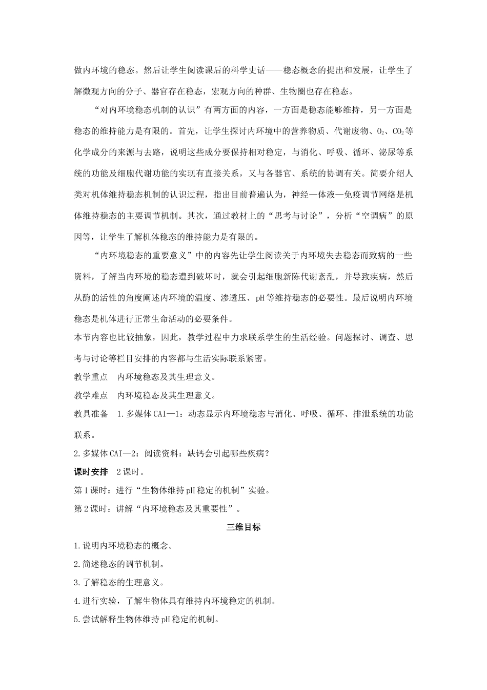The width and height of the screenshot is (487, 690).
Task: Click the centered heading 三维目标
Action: (x=243, y=527)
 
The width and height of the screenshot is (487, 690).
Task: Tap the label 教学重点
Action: (x=91, y=377)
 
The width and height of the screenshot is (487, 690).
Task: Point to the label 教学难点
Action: (x=91, y=395)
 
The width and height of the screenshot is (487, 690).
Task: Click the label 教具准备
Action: (x=91, y=414)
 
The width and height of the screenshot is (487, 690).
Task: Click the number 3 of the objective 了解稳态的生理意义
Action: (x=76, y=583)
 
